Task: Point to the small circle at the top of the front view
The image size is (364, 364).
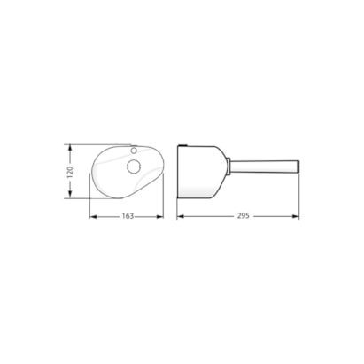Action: (134, 151)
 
